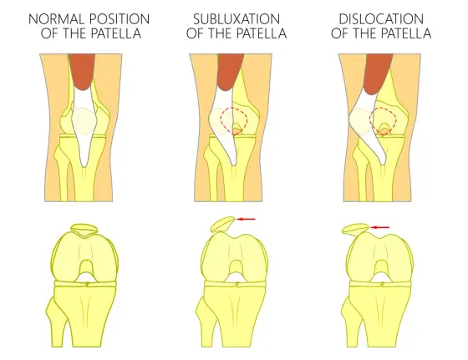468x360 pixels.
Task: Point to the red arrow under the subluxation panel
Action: (246, 219)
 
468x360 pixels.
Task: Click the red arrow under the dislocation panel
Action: (379, 227)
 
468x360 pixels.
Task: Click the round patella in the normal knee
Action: (84, 121)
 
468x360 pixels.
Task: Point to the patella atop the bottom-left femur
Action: (84, 231)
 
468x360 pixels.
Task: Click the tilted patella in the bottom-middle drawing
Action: (222, 225)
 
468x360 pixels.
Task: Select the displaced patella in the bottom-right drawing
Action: (355, 229)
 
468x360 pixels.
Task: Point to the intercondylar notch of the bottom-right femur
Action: (381, 267)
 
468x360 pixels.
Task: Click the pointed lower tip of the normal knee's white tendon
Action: (84, 166)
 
